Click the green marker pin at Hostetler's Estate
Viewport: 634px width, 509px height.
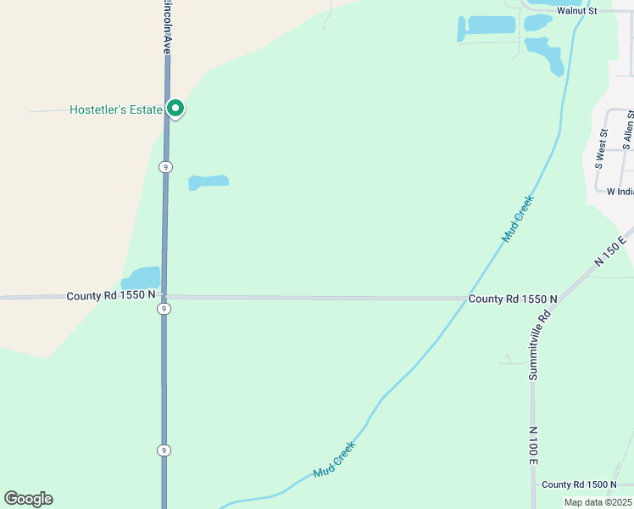pyautogui.click(x=175, y=109)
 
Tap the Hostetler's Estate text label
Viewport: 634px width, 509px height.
pyautogui.click(x=115, y=109)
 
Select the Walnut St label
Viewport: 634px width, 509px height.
pyautogui.click(x=576, y=11)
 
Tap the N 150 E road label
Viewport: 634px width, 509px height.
pyautogui.click(x=610, y=251)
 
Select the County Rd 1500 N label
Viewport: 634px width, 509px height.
pyautogui.click(x=579, y=484)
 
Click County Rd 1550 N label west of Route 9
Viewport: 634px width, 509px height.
pyautogui.click(x=111, y=295)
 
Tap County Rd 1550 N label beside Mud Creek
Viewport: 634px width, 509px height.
pyautogui.click(x=512, y=299)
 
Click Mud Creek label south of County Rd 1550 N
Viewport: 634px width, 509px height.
pyautogui.click(x=335, y=459)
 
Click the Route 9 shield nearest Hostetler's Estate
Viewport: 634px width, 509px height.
pyautogui.click(x=166, y=167)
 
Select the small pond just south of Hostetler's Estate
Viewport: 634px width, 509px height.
pyautogui.click(x=209, y=182)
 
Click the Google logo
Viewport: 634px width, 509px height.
pyautogui.click(x=28, y=499)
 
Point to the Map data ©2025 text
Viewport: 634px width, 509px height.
pyautogui.click(x=597, y=502)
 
